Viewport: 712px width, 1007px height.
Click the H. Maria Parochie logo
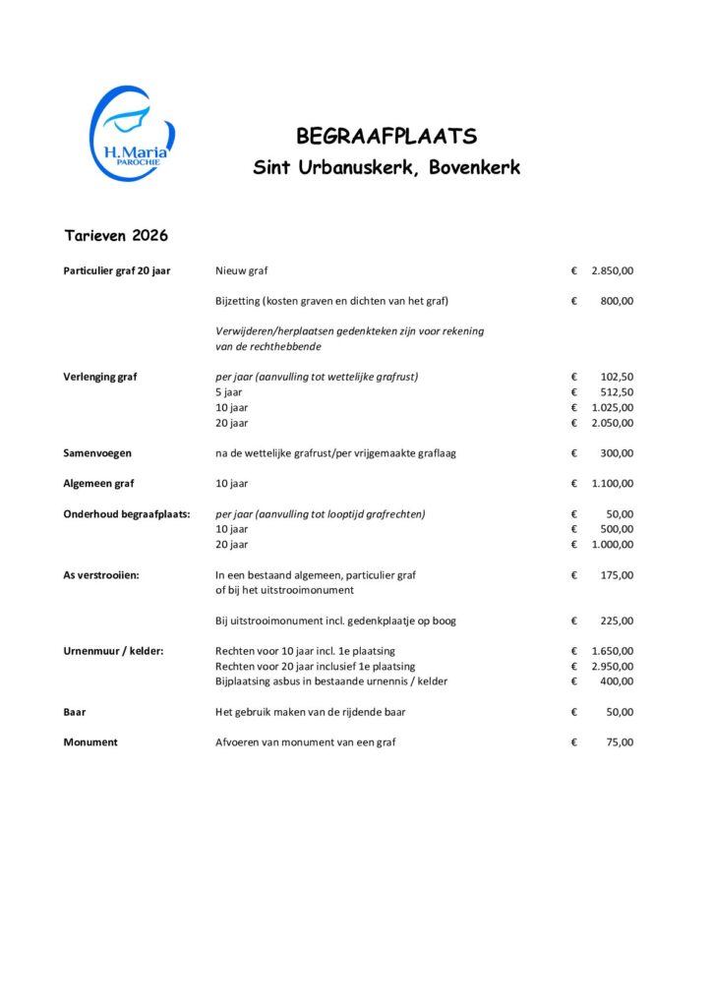pos(131,132)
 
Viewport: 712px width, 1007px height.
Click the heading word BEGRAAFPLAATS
pos(386,136)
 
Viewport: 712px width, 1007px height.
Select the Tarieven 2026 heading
pos(116,236)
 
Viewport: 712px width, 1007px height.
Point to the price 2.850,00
pos(612,270)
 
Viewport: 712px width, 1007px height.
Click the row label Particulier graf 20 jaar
pos(117,270)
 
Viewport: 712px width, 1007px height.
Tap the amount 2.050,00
pos(612,423)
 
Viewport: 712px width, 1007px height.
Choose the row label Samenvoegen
pos(97,453)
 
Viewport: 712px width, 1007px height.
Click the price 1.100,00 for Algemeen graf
pos(612,484)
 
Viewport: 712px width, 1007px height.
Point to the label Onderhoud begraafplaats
pos(126,514)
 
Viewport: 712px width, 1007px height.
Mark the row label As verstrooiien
pos(101,575)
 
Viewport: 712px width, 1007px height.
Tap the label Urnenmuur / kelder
pos(113,651)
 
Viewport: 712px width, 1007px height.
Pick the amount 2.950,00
pos(612,667)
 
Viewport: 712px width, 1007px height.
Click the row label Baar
pos(75,712)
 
